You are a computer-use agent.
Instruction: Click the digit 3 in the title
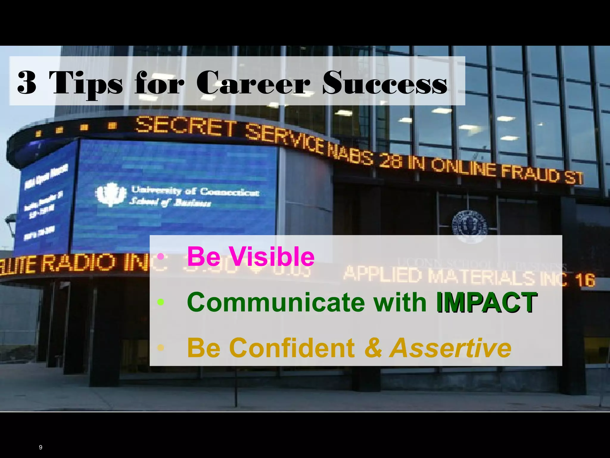pyautogui.click(x=27, y=83)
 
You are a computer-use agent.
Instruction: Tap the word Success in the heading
pyautogui.click(x=385, y=83)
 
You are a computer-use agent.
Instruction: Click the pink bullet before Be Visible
pyautogui.click(x=161, y=256)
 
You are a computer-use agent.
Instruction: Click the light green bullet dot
pyautogui.click(x=161, y=302)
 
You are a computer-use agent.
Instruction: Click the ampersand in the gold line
pyautogui.click(x=373, y=348)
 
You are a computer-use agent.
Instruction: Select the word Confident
pyautogui.click(x=292, y=348)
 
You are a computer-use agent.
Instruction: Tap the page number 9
pyautogui.click(x=41, y=447)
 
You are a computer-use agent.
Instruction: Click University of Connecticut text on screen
pyautogui.click(x=195, y=191)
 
